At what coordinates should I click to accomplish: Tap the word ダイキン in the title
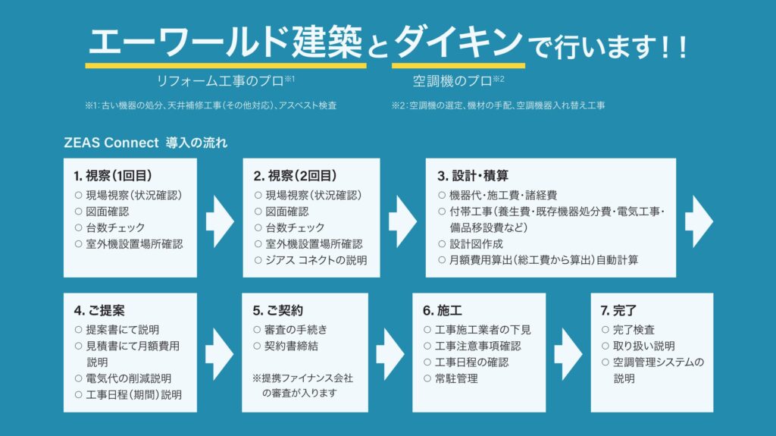[458, 42]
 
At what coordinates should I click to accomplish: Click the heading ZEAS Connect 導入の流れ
[145, 142]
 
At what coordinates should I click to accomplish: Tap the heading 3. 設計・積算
[475, 176]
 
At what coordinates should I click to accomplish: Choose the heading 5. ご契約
[278, 311]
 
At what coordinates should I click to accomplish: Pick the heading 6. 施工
[443, 311]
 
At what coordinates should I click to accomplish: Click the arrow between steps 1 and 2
[220, 217]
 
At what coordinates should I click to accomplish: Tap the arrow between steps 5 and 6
[390, 352]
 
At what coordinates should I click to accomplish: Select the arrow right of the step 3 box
[699, 217]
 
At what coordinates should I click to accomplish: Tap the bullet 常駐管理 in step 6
[456, 378]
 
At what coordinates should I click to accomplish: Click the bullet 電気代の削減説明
[128, 378]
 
